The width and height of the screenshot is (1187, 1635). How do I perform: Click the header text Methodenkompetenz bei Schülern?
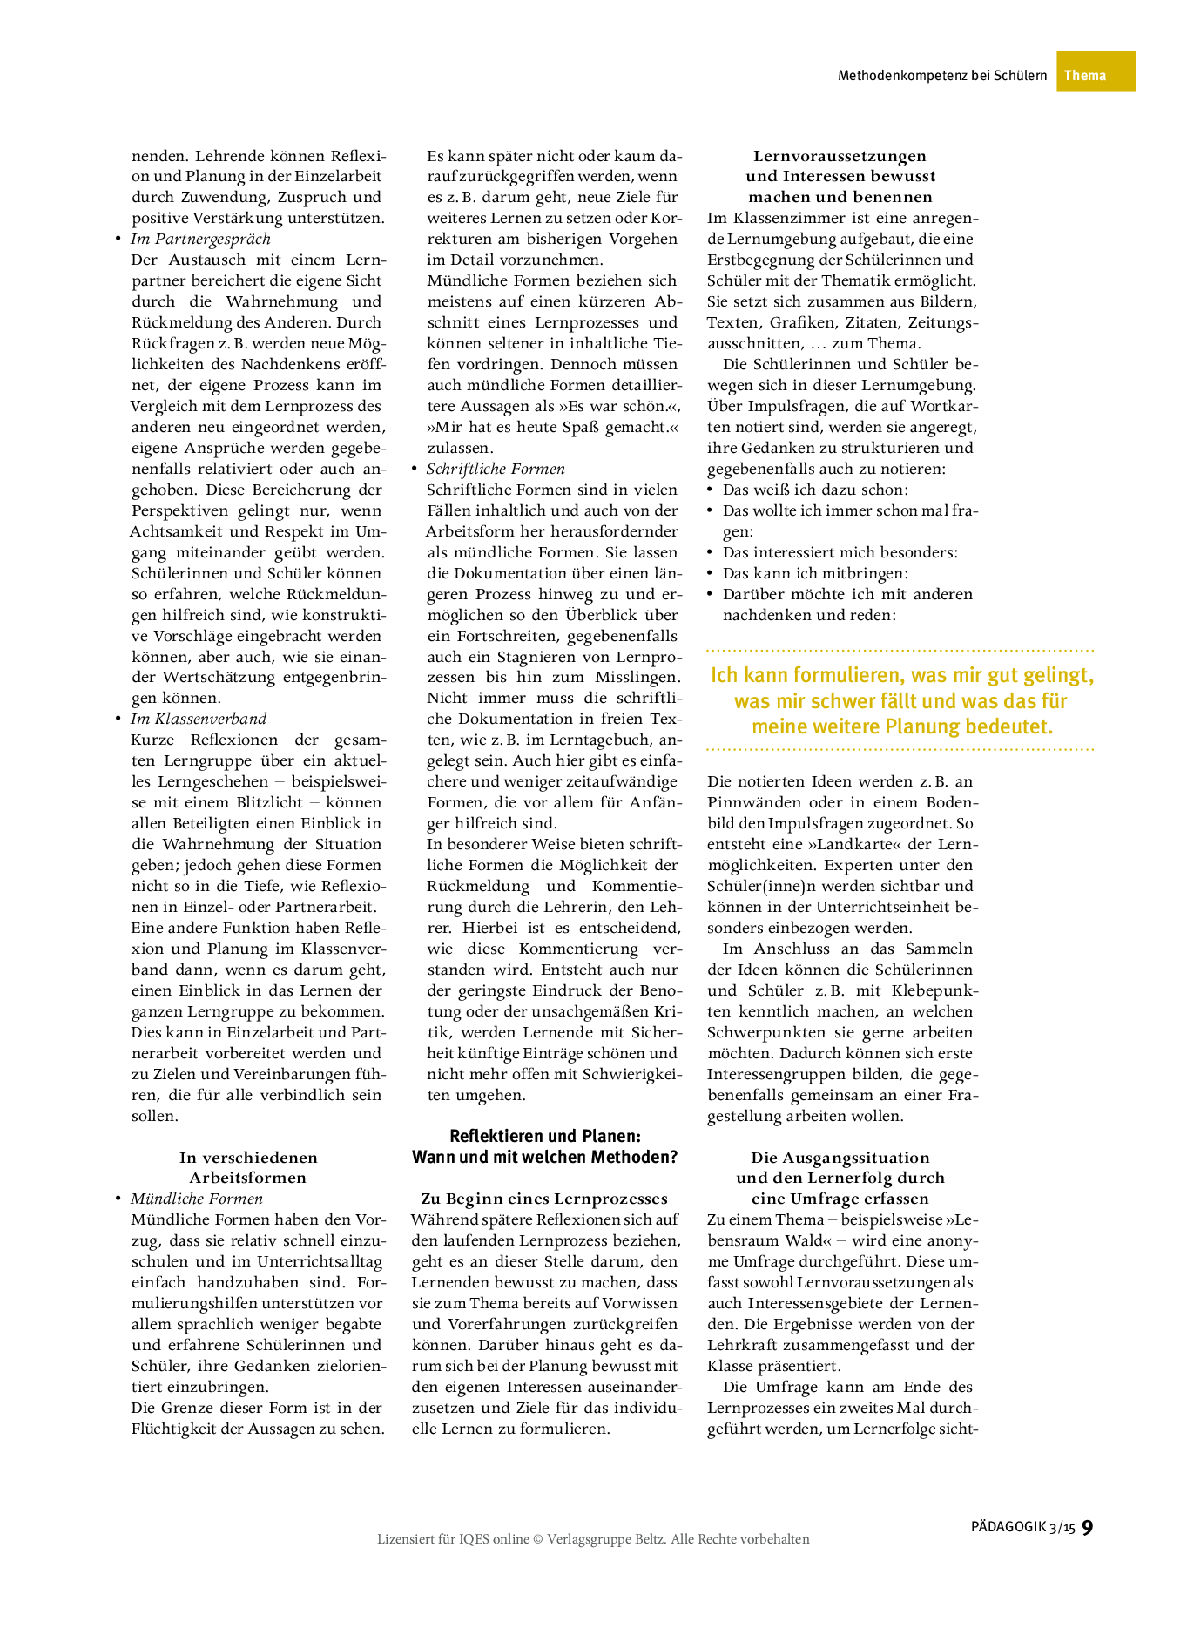[x=941, y=76]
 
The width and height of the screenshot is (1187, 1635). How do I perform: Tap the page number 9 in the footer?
[x=1087, y=1526]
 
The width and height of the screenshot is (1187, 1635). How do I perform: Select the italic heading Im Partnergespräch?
[x=200, y=239]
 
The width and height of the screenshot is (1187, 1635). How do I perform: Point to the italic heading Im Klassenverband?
[x=199, y=719]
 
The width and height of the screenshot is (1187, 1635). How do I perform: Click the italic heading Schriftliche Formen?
[x=496, y=469]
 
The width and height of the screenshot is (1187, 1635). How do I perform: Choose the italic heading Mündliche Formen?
[x=197, y=1199]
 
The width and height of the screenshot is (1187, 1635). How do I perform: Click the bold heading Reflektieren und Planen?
[x=544, y=1136]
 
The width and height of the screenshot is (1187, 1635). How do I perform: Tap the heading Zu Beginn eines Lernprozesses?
[x=544, y=1199]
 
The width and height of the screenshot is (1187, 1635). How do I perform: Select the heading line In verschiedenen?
[x=248, y=1157]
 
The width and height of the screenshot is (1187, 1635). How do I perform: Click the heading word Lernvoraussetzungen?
[x=840, y=156]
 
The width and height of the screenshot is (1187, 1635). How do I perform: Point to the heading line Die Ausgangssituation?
[x=840, y=1157]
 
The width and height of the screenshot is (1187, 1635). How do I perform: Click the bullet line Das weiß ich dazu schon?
[x=815, y=490]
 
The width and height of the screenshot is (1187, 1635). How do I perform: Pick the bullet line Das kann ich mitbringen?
[x=815, y=573]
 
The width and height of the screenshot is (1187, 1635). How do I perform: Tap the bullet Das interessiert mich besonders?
[x=840, y=552]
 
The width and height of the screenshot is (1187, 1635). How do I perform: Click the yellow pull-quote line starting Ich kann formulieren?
[x=901, y=675]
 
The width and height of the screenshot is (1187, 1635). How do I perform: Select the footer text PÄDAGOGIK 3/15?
[x=1023, y=1527]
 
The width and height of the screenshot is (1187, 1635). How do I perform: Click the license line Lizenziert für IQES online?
[x=593, y=1539]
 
